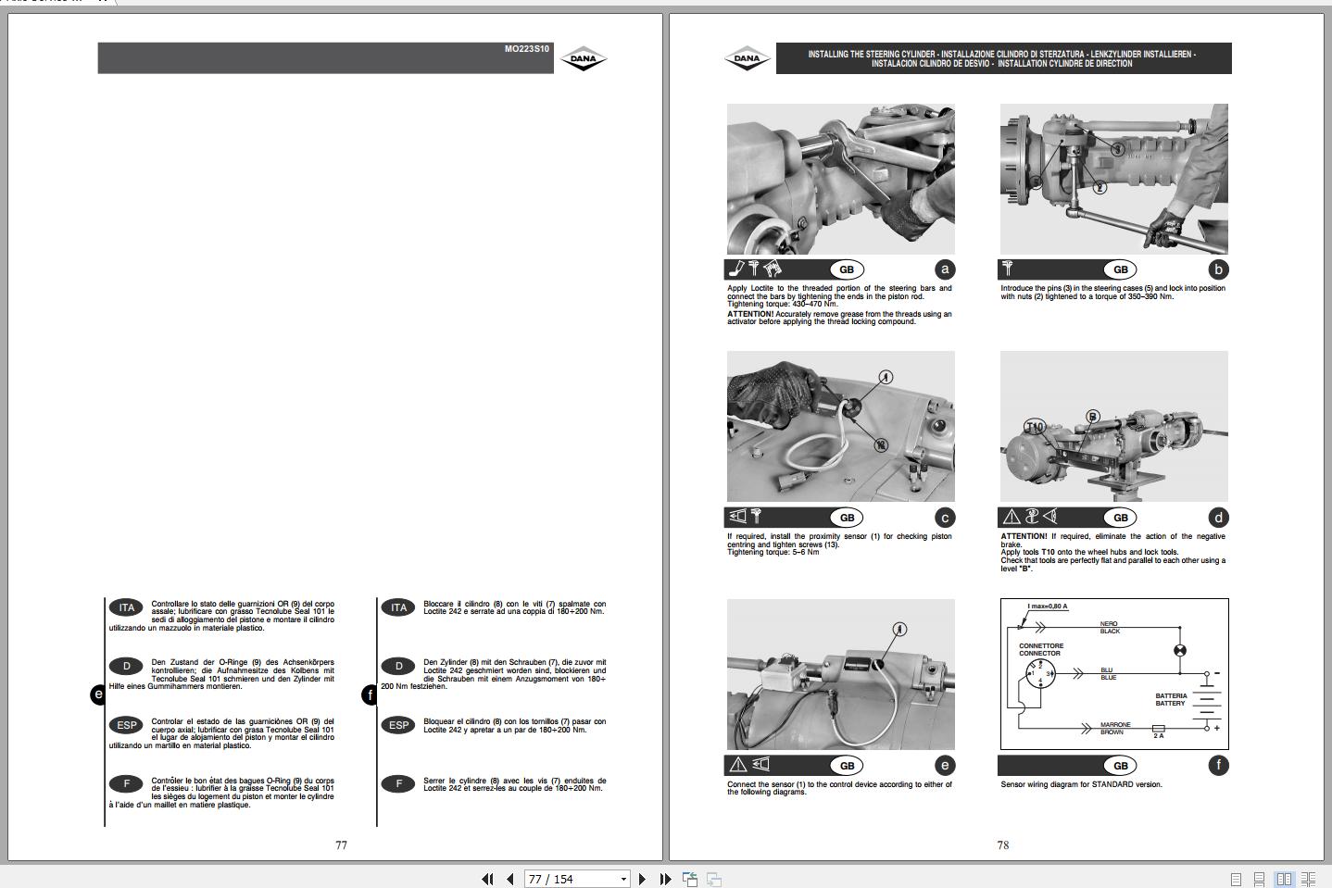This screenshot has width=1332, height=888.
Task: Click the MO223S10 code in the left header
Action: coord(526,49)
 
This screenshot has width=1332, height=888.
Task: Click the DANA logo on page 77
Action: coord(584,59)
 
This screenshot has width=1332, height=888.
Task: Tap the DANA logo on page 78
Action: coord(747,59)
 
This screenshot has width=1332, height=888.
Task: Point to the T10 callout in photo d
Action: coord(1035,427)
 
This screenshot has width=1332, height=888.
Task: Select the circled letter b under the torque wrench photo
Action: coord(1218,269)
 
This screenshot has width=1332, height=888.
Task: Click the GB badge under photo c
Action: coord(847,518)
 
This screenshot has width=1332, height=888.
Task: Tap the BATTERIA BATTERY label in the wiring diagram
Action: coord(1171,699)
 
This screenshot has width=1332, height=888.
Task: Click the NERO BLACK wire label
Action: coord(1110,628)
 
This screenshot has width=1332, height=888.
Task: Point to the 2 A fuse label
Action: coord(1158,736)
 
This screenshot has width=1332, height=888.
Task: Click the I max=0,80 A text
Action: coord(1047,607)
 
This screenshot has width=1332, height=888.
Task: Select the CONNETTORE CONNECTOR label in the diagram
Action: coord(1041,649)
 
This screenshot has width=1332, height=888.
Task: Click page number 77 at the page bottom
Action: coord(341,844)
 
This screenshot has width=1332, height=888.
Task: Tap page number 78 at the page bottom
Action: coord(1002,844)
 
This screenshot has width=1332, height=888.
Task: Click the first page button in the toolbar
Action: coord(487,879)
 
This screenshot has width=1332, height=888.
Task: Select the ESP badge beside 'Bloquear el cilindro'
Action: coord(398,725)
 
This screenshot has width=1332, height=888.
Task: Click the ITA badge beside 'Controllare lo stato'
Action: coord(126,607)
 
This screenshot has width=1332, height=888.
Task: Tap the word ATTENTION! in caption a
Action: coord(749,314)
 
